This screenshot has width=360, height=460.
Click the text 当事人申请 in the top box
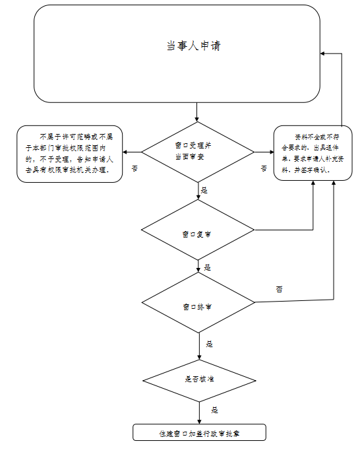click(x=193, y=46)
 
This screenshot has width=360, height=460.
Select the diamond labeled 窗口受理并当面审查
click(x=198, y=152)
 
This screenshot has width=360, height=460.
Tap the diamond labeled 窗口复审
click(x=198, y=230)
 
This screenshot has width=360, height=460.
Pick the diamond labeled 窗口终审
click(x=198, y=302)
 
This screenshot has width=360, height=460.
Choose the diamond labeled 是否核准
click(x=199, y=381)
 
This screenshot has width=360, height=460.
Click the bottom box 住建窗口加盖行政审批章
click(x=199, y=432)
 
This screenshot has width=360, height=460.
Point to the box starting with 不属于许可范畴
click(x=69, y=154)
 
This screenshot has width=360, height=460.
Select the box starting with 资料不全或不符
click(x=313, y=153)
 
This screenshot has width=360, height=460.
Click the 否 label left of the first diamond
click(x=135, y=168)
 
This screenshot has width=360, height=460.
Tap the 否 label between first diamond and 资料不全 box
click(x=264, y=168)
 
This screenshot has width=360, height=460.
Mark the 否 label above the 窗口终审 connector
click(x=279, y=289)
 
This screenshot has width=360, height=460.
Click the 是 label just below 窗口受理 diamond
click(x=204, y=190)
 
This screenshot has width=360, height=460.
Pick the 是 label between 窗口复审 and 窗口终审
click(x=208, y=267)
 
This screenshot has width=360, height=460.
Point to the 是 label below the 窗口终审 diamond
click(x=209, y=344)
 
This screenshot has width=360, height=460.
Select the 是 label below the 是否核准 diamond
click(x=214, y=410)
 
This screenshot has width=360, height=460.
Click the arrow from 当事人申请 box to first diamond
click(x=196, y=112)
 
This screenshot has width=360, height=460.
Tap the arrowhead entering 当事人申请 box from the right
click(x=322, y=53)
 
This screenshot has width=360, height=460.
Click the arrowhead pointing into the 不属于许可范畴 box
click(x=125, y=152)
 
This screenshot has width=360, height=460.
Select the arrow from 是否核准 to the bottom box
click(x=199, y=412)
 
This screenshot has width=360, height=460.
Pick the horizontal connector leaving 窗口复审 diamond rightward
click(x=284, y=230)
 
